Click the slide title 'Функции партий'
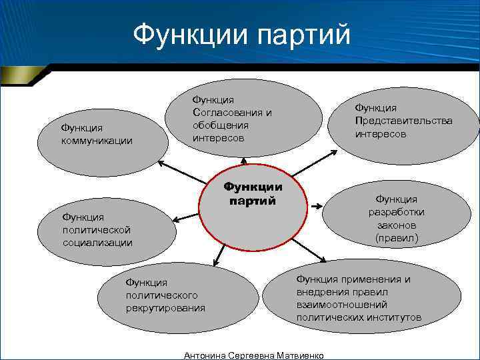coord(241,33)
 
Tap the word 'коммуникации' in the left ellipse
coord(97,141)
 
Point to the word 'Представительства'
coord(403,121)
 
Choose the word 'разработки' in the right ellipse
coord(396,212)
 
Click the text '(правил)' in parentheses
coord(396,237)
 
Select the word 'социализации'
coord(97,242)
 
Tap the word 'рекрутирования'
coord(165,308)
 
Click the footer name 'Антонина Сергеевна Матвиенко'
coord(253,355)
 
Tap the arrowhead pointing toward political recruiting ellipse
coord(215,264)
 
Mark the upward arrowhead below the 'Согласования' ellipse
coord(244,160)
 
